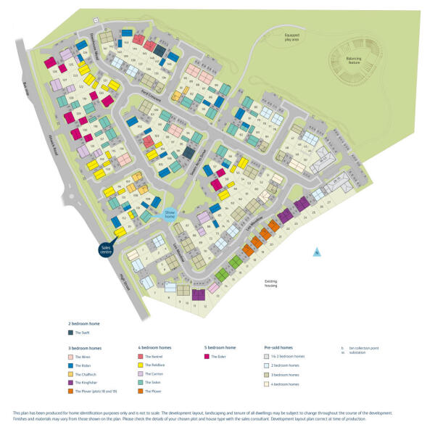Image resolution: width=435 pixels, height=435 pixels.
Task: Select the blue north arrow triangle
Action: click(x=316, y=252)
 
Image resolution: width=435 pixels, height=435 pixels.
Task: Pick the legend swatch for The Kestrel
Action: click(x=141, y=357)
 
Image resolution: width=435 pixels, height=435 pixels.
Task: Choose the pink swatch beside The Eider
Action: click(x=207, y=357)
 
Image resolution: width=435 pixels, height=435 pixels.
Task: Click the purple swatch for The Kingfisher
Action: click(x=70, y=381)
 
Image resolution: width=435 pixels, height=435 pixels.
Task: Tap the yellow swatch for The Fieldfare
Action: click(x=141, y=365)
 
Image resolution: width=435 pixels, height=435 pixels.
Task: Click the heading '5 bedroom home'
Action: click(x=220, y=348)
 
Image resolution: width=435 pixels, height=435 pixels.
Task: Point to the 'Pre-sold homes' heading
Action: click(x=278, y=348)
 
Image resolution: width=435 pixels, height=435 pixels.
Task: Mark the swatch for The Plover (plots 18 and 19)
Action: click(x=70, y=390)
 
